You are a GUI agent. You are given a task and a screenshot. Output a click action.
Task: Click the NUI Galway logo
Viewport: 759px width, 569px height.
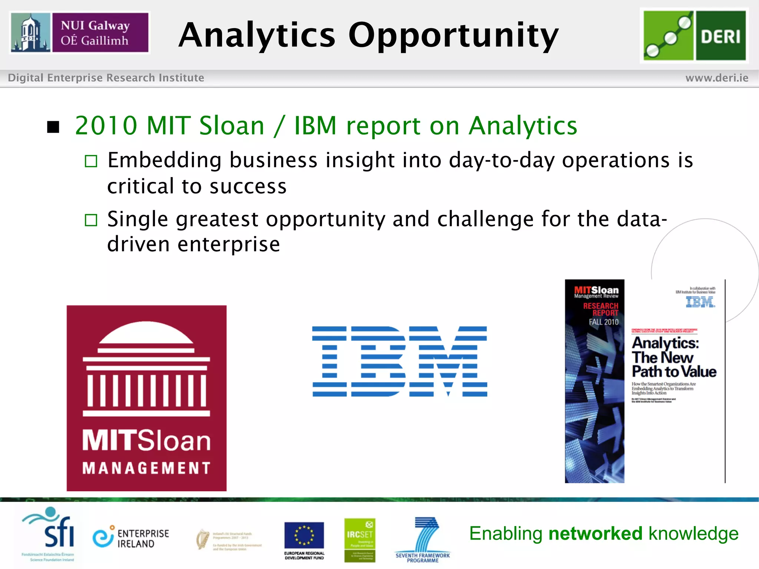[80, 33]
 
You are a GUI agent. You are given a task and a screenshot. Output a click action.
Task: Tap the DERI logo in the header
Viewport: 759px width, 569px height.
[694, 36]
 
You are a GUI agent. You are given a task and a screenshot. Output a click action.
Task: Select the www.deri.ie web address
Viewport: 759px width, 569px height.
[717, 78]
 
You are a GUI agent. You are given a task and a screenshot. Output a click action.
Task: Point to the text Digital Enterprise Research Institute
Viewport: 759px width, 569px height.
[106, 78]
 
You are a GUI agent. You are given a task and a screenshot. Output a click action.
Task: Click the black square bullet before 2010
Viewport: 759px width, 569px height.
[53, 127]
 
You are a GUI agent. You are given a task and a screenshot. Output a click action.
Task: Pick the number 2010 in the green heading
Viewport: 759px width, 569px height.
[106, 126]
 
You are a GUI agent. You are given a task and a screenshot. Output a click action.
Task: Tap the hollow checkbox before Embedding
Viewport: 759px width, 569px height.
[91, 161]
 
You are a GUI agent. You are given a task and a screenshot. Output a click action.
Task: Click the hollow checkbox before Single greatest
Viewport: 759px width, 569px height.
[91, 220]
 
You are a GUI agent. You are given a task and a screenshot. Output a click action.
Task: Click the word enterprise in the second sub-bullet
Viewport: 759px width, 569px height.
[229, 244]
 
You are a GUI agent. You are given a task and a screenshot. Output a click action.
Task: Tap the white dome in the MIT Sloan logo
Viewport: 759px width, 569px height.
[146, 333]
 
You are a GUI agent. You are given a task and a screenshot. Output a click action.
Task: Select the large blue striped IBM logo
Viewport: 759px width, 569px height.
[400, 361]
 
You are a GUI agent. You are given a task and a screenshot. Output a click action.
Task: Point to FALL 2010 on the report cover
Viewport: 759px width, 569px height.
[603, 322]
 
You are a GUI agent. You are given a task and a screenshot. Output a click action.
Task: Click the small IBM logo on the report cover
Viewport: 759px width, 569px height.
[700, 302]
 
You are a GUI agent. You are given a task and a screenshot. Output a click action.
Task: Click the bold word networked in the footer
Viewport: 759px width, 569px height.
[595, 533]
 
